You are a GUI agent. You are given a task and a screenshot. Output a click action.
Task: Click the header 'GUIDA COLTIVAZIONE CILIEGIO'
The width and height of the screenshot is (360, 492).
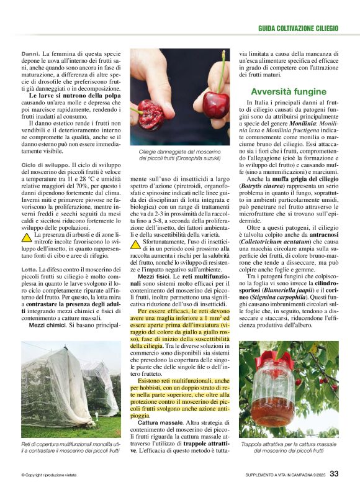pos(298,29)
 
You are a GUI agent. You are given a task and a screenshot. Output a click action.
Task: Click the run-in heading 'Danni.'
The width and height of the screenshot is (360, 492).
pos(30,54)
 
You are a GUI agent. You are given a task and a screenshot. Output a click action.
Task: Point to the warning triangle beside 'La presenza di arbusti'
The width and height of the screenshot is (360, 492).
pos(27,237)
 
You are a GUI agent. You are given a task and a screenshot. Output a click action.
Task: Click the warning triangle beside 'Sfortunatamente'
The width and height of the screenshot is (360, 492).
pos(136,244)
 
